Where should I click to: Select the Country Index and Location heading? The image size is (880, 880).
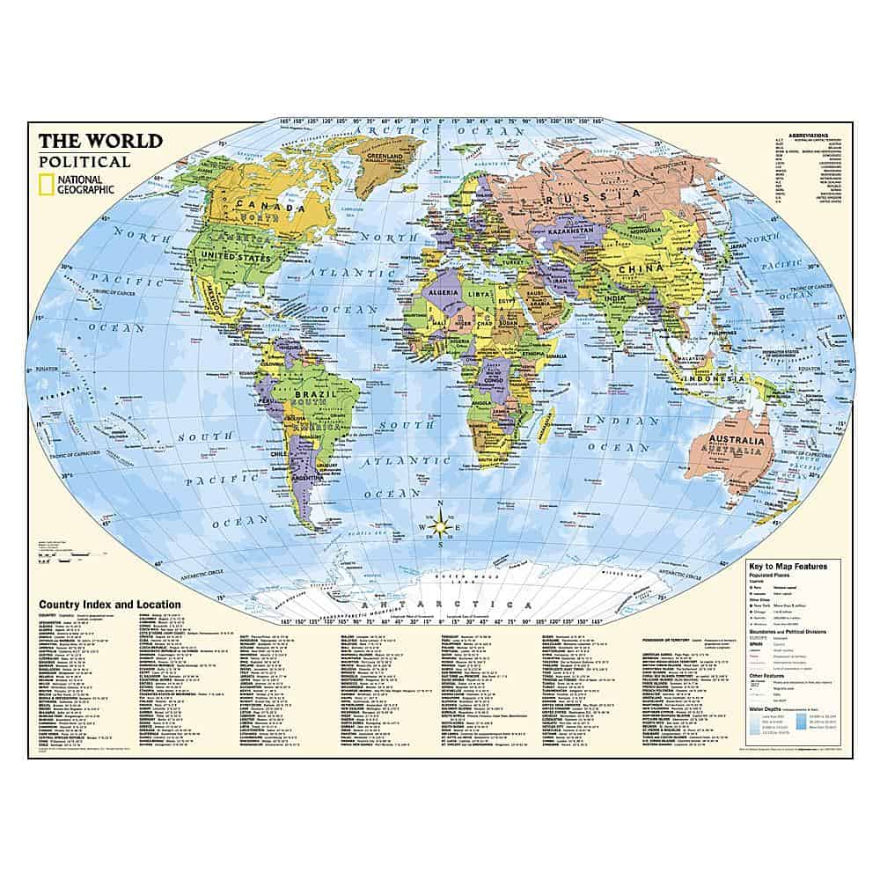coord(109,605)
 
